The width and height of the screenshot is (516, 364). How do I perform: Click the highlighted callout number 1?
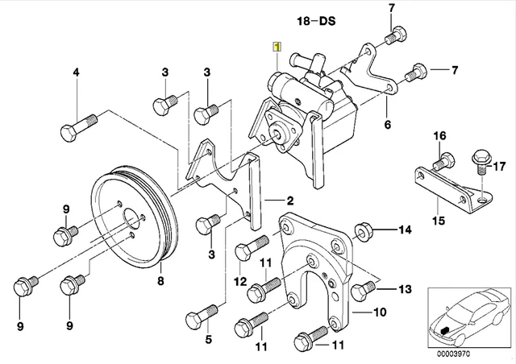coord(277,48)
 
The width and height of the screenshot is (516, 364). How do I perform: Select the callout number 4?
coord(77,74)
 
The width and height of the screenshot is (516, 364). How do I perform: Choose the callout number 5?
coord(207,341)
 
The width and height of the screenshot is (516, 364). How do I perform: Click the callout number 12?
coord(239,281)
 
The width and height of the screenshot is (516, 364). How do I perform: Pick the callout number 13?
coord(404,288)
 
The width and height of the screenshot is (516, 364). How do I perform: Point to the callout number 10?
coord(381,311)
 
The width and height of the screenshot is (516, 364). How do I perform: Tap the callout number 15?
coord(440,218)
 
